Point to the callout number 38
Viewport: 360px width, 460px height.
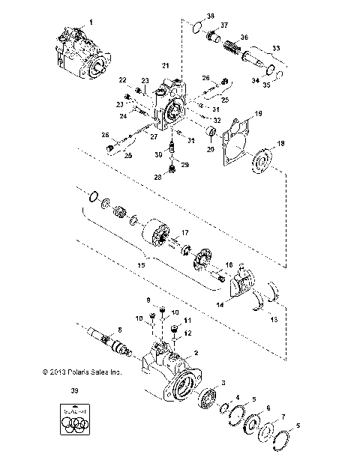(189, 16)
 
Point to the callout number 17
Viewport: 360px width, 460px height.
(185, 232)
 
